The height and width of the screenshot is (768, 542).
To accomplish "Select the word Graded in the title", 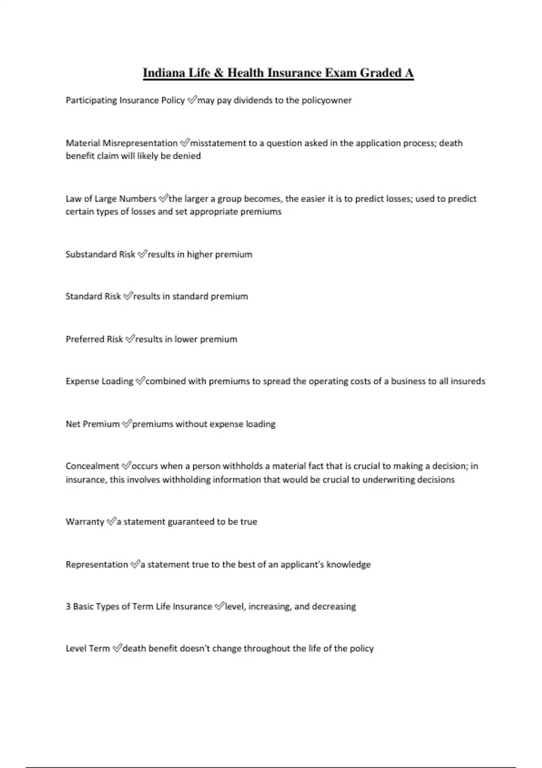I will coord(381,73).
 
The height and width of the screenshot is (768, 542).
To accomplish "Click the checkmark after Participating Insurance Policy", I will coord(192,100).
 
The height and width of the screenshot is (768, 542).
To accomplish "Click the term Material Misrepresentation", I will coord(121,143).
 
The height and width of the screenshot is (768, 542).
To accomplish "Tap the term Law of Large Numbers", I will coord(111,199).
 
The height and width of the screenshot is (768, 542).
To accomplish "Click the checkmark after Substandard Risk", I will coord(142,254).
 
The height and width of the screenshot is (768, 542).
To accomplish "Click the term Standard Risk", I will coord(93,296).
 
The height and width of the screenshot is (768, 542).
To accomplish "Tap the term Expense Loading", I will coord(99,381).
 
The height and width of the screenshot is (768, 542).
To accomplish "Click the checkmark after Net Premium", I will coord(126,424).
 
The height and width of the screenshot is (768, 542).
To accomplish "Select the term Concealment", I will coord(92,466).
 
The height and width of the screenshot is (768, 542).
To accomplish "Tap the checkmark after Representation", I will coord(135,565).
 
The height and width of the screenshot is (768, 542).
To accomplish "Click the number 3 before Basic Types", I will coord(68,607).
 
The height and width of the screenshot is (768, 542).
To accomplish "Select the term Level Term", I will coord(88,649).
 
